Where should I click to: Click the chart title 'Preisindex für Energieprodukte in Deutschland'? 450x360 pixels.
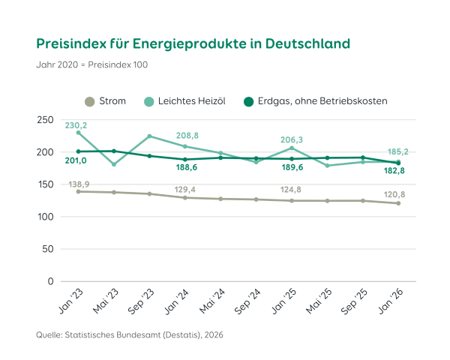click(193, 43)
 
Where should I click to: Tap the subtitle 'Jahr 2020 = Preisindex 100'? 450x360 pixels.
click(92, 64)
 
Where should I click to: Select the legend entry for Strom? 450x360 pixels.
click(105, 101)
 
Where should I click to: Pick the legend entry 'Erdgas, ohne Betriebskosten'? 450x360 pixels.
click(316, 101)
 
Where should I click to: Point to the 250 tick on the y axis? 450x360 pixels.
click(44, 120)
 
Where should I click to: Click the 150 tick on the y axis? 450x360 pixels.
click(44, 184)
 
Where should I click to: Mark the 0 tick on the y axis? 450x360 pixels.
click(50, 281)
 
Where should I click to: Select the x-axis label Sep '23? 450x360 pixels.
click(142, 302)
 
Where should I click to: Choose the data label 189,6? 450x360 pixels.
click(292, 168)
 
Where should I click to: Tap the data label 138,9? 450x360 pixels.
click(78, 184)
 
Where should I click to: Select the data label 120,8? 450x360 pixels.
click(397, 193)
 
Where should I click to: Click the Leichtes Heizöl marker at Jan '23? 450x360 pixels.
click(79, 133)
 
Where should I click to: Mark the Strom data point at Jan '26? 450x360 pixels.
click(398, 203)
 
